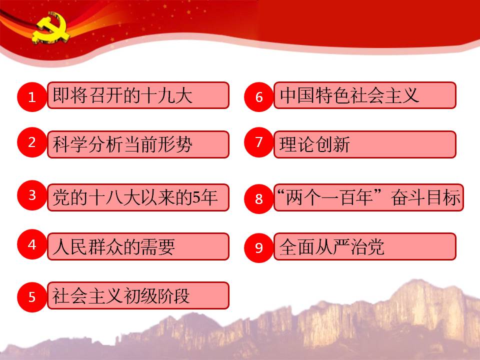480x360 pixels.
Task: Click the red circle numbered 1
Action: (32, 96)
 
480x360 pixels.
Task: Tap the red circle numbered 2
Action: (32, 142)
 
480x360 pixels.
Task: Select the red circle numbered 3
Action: (32, 195)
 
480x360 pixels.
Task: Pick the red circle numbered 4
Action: (32, 244)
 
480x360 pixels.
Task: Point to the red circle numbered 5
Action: (32, 297)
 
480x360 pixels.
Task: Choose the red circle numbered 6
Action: (258, 96)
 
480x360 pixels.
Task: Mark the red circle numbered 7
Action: (258, 142)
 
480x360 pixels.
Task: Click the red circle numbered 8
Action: (258, 198)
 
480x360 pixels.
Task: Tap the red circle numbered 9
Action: (258, 247)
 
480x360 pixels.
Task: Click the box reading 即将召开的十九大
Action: (138, 95)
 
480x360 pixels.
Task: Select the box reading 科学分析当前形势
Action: (138, 144)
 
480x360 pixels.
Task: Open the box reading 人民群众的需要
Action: (138, 246)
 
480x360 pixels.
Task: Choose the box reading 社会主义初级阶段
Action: (138, 295)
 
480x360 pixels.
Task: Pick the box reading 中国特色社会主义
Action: (365, 95)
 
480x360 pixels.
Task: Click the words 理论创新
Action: (314, 144)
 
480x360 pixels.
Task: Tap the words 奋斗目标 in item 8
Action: (425, 197)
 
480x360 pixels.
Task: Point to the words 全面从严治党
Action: (332, 246)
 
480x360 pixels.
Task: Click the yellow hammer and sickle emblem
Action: (50, 27)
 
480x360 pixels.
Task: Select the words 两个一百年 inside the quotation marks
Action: (329, 197)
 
